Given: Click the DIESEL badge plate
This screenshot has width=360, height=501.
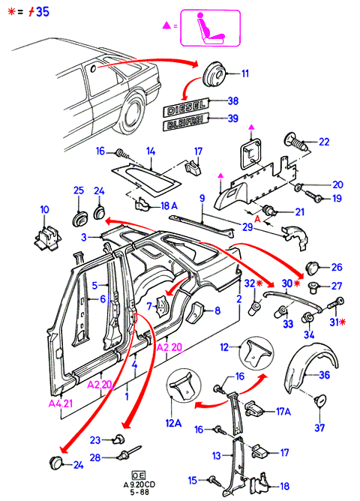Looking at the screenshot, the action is (185, 107).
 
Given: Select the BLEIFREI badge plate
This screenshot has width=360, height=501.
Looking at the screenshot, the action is (185, 121).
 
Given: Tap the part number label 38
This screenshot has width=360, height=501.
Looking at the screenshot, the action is (232, 100).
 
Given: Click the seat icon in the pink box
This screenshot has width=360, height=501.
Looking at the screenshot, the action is (210, 28).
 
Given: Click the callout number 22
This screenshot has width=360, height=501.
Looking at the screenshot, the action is (323, 142).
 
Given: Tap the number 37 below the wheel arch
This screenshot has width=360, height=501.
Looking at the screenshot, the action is (319, 427).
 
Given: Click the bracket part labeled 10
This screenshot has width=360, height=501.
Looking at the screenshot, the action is (47, 238).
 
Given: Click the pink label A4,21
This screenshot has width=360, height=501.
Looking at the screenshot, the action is (60, 403).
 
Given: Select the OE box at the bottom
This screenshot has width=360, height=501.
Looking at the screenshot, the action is (138, 475).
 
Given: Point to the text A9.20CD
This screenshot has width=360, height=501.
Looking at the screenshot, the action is (139, 484).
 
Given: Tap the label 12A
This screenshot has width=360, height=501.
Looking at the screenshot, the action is (173, 423).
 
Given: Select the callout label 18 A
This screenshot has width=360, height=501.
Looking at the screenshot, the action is (169, 206).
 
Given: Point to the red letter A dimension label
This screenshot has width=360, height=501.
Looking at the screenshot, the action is (256, 218).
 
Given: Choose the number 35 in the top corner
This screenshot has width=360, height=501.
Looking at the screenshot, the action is (43, 12).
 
